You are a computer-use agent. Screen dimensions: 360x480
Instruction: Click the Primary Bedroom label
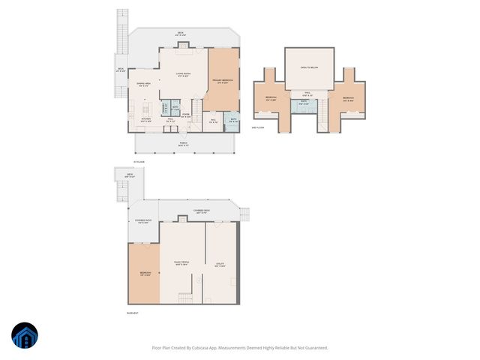[x=222, y=81]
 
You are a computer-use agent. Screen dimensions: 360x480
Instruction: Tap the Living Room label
[x=183, y=74]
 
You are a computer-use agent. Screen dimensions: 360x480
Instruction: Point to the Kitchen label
[x=146, y=120]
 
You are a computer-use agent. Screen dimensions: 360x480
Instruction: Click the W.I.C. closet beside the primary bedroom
[x=213, y=120]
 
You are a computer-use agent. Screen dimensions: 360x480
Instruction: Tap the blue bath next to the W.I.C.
[x=232, y=120]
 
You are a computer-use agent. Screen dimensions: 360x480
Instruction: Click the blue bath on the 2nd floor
[x=304, y=104]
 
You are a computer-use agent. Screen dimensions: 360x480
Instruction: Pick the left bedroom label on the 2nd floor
[x=271, y=99]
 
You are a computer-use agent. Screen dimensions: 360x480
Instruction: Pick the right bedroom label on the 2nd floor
[x=348, y=99]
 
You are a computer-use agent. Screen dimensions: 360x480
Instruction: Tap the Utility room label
[x=221, y=264]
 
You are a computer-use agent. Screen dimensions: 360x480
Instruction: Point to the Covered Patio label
[x=144, y=221]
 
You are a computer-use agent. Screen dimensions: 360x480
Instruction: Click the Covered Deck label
[x=201, y=212]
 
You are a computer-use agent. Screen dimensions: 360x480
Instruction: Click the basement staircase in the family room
[x=183, y=298]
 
